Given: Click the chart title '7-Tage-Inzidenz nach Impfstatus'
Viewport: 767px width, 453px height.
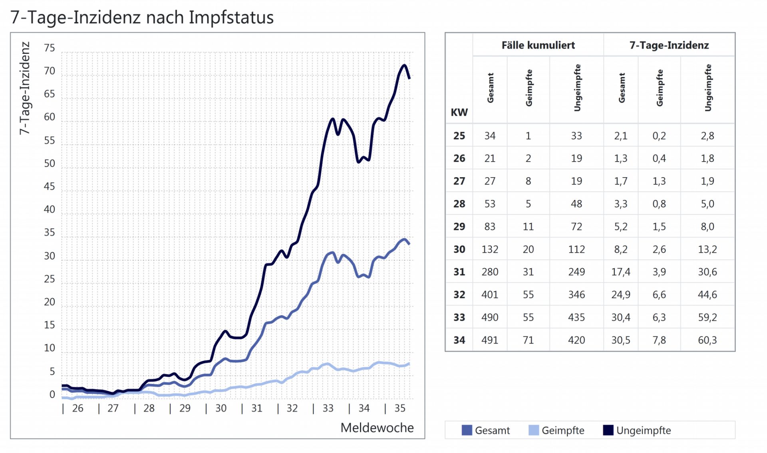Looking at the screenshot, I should pos(142,18).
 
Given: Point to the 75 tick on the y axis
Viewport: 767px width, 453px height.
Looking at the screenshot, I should pos(50,48).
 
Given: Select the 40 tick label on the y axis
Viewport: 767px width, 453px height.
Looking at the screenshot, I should pos(50,209).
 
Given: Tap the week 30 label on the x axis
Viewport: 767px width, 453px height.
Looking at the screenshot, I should pos(221,408).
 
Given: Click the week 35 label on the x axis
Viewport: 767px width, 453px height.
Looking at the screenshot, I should pos(399,408).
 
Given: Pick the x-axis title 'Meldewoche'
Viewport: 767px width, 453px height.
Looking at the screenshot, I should pos(377,427).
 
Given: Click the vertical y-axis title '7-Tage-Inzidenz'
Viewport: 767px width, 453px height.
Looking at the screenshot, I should pos(25,88).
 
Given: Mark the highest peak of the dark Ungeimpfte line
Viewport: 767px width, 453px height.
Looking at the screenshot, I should pos(404,65).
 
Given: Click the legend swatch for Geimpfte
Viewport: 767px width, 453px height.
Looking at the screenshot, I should pos(533,430).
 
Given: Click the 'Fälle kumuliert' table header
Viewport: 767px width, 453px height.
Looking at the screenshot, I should pos(538,45).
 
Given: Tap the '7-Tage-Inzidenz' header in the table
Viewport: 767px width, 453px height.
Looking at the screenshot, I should pos(669,45).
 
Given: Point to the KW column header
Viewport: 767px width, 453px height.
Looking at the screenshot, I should pos(459,112).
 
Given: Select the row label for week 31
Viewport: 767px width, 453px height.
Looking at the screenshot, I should pos(459,272).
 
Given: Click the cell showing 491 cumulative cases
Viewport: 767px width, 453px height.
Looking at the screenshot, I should pos(490,340).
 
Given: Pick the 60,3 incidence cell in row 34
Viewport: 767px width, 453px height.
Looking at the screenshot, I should pos(707,340).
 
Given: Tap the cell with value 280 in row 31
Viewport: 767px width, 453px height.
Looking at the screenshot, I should pos(490,272).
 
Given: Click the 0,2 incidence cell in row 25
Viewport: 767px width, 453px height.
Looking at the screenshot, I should pos(659,136).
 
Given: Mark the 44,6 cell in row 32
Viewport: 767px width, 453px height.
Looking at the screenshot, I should pos(707,295).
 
